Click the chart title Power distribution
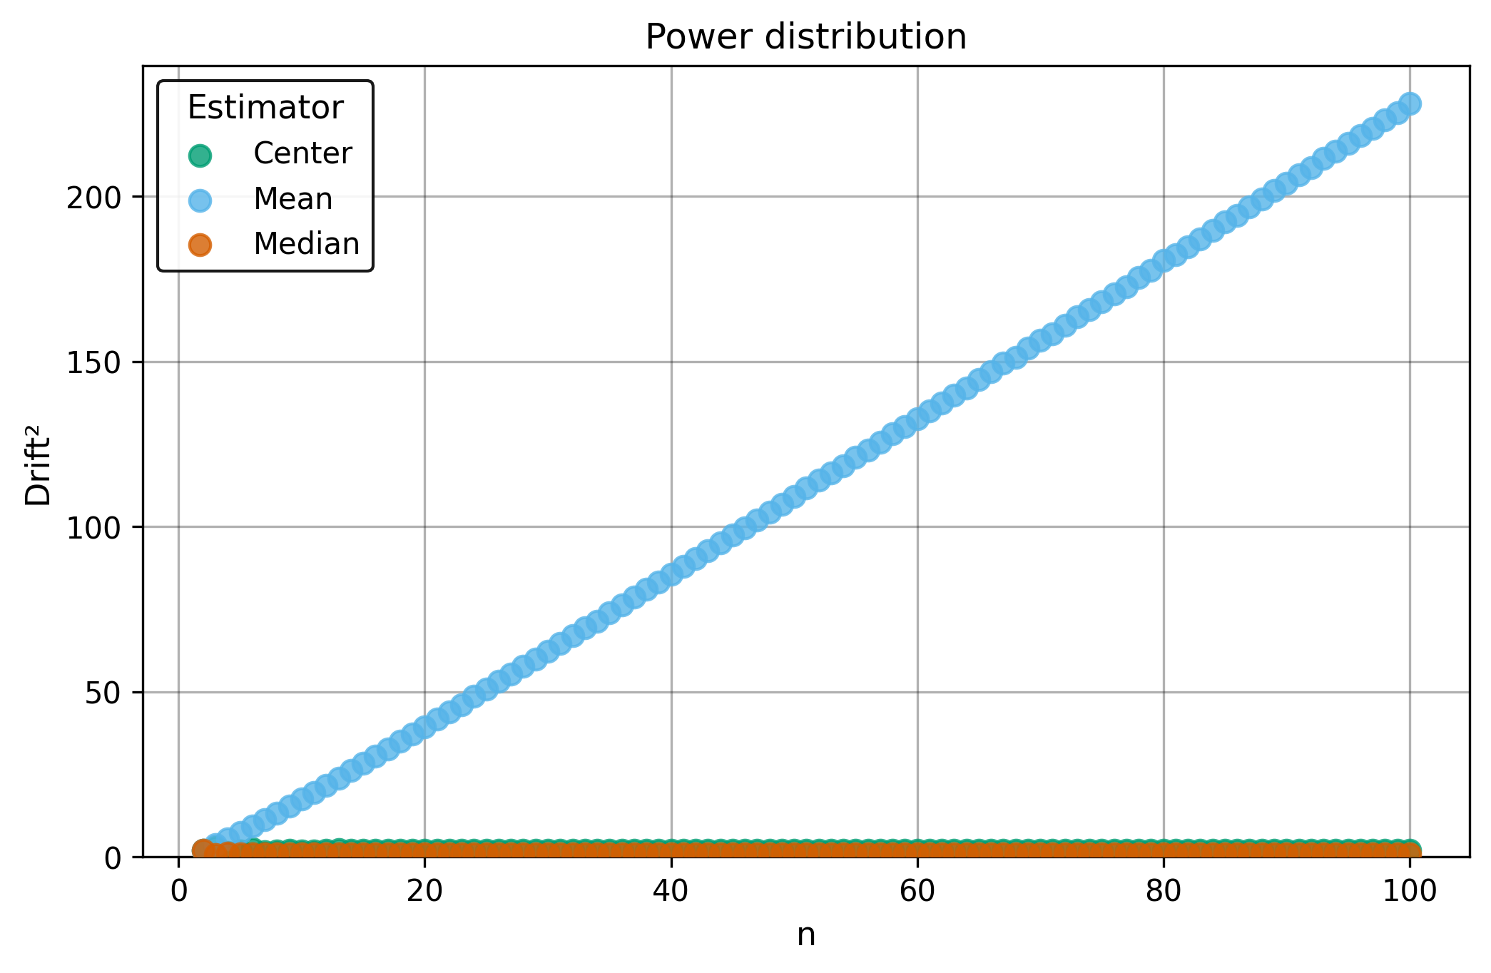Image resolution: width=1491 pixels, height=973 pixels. (x=805, y=37)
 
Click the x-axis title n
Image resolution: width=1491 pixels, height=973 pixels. (x=805, y=935)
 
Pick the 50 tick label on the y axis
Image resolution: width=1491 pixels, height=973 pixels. (x=103, y=693)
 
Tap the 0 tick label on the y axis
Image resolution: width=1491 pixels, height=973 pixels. (x=113, y=858)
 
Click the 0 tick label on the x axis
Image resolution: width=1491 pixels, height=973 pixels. (x=178, y=892)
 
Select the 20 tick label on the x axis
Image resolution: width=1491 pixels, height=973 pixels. (x=424, y=892)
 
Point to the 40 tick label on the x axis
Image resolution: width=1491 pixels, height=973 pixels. (x=671, y=892)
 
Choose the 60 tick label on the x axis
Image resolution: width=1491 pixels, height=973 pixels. (x=917, y=892)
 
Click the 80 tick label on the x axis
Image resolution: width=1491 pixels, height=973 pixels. (x=1164, y=892)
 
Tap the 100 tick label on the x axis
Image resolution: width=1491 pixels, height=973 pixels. (x=1410, y=892)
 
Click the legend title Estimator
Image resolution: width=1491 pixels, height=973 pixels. (x=265, y=108)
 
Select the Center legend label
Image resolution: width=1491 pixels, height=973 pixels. (x=302, y=153)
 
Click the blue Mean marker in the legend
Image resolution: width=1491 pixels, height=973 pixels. (x=200, y=200)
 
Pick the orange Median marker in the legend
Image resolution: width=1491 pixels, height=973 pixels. (x=200, y=245)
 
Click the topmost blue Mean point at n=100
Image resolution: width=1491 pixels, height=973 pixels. (x=1410, y=104)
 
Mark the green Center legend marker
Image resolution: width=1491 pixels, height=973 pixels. (x=200, y=155)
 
